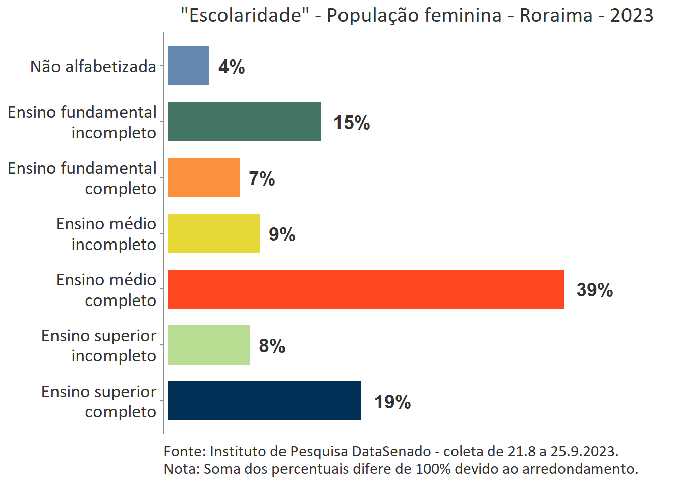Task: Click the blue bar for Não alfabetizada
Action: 189,66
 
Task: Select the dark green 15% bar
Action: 244,122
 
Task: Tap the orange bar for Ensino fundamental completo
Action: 204,177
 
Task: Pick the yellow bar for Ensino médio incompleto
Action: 214,233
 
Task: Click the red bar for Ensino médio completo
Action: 366,289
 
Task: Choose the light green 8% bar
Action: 209,345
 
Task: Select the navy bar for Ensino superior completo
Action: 264,401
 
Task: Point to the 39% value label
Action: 594,290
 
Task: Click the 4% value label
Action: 232,67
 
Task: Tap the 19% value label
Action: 392,402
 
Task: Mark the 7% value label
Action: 262,178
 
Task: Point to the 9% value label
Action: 282,234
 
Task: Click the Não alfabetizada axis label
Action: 93,66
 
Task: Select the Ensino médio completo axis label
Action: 106,290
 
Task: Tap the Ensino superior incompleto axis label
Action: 99,346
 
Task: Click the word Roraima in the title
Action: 556,15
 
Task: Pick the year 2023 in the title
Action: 632,15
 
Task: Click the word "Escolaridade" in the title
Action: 245,15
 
